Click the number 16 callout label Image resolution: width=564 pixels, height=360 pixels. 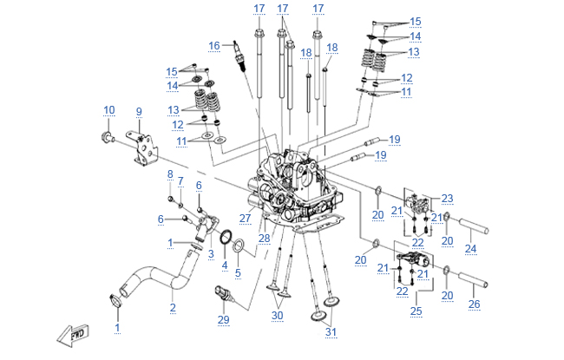tap(214, 45)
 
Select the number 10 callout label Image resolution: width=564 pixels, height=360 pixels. tap(108, 109)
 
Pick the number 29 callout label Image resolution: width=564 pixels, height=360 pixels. tap(224, 321)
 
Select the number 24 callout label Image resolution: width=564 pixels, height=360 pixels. tap(470, 249)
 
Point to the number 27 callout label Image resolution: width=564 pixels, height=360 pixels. tap(246, 218)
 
